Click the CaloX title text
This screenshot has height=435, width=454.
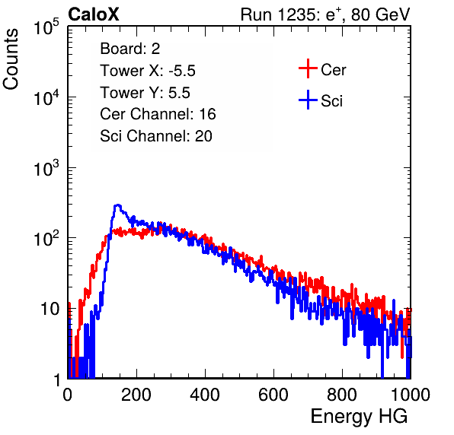(94, 14)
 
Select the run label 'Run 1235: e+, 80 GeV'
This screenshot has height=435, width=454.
(325, 14)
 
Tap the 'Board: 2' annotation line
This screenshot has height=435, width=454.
(129, 49)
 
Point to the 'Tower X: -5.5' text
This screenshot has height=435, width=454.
(148, 71)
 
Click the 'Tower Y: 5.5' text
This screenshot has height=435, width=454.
(145, 93)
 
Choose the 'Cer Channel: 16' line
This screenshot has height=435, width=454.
(158, 114)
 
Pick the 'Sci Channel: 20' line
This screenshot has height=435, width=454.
(156, 136)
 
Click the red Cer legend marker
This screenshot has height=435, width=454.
(308, 68)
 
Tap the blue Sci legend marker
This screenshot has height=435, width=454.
(308, 100)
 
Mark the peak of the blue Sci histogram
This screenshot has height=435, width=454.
(117, 205)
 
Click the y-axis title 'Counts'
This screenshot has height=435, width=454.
(11, 59)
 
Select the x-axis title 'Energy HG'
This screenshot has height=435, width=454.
(359, 417)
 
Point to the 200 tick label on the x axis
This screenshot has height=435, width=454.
(136, 395)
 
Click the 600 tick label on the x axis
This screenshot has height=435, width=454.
(273, 395)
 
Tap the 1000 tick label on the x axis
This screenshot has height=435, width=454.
(411, 395)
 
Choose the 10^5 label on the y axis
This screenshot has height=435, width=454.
(46, 27)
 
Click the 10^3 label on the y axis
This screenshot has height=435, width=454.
(46, 168)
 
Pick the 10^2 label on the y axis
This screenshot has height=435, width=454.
(46, 239)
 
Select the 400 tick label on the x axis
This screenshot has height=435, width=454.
(205, 395)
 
